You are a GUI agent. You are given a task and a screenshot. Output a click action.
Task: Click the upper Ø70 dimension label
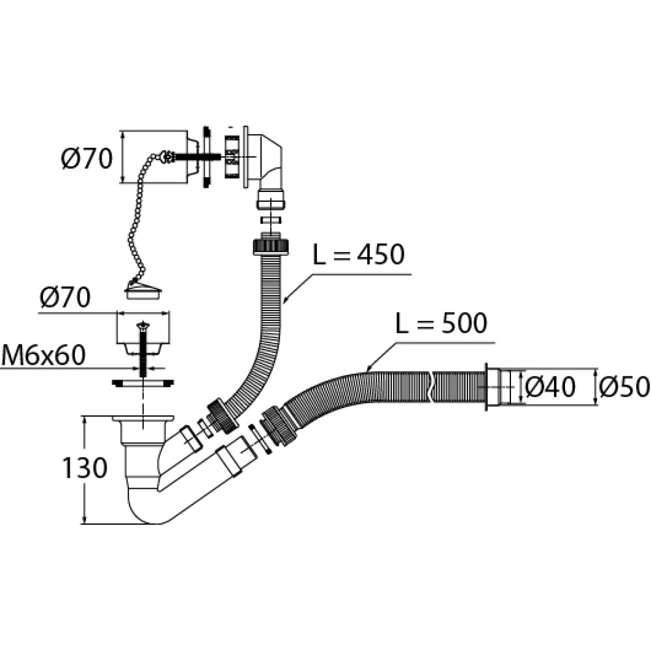[87, 158]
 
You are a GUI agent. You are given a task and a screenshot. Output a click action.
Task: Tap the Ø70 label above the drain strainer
[66, 298]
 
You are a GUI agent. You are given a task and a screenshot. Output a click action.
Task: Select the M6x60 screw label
[43, 356]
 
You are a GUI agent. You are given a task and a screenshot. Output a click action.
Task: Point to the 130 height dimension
[85, 467]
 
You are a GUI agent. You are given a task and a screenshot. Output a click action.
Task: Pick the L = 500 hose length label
[441, 323]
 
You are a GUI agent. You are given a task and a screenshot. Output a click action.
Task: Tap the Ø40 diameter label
[550, 387]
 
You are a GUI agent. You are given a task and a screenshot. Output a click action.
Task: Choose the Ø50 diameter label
[624, 387]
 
